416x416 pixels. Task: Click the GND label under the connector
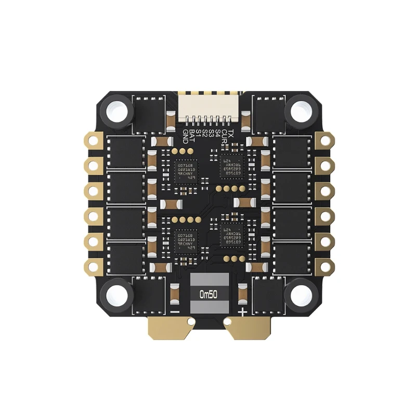pyautogui.click(x=185, y=136)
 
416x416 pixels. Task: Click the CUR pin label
pyautogui.click(x=225, y=136)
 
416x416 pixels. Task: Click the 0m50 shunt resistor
pyautogui.click(x=208, y=294)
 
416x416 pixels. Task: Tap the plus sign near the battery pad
pyautogui.click(x=243, y=311)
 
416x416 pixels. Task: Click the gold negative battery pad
pyautogui.click(x=169, y=328)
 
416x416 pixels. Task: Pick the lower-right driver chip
pyautogui.click(x=230, y=236)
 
